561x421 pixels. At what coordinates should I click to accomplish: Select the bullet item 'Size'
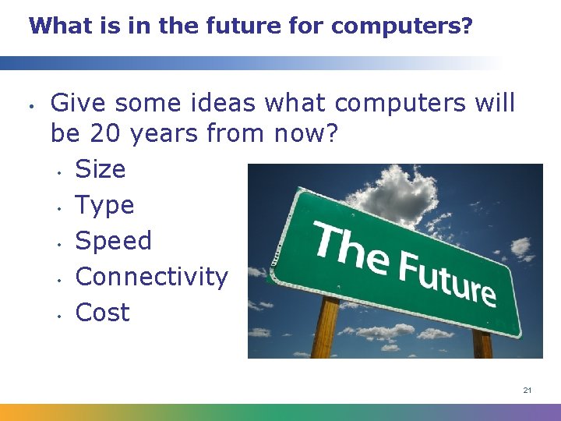(x=100, y=169)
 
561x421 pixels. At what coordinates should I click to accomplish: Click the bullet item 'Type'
(x=104, y=206)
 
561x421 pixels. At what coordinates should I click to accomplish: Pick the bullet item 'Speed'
(x=113, y=241)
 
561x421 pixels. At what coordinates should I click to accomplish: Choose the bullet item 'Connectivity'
(x=151, y=277)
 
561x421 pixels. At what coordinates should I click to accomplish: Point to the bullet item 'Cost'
(x=102, y=313)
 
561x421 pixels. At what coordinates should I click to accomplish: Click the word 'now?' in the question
(x=305, y=134)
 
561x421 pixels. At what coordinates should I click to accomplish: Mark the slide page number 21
(x=527, y=390)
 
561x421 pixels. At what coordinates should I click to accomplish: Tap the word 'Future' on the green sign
(x=447, y=278)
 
